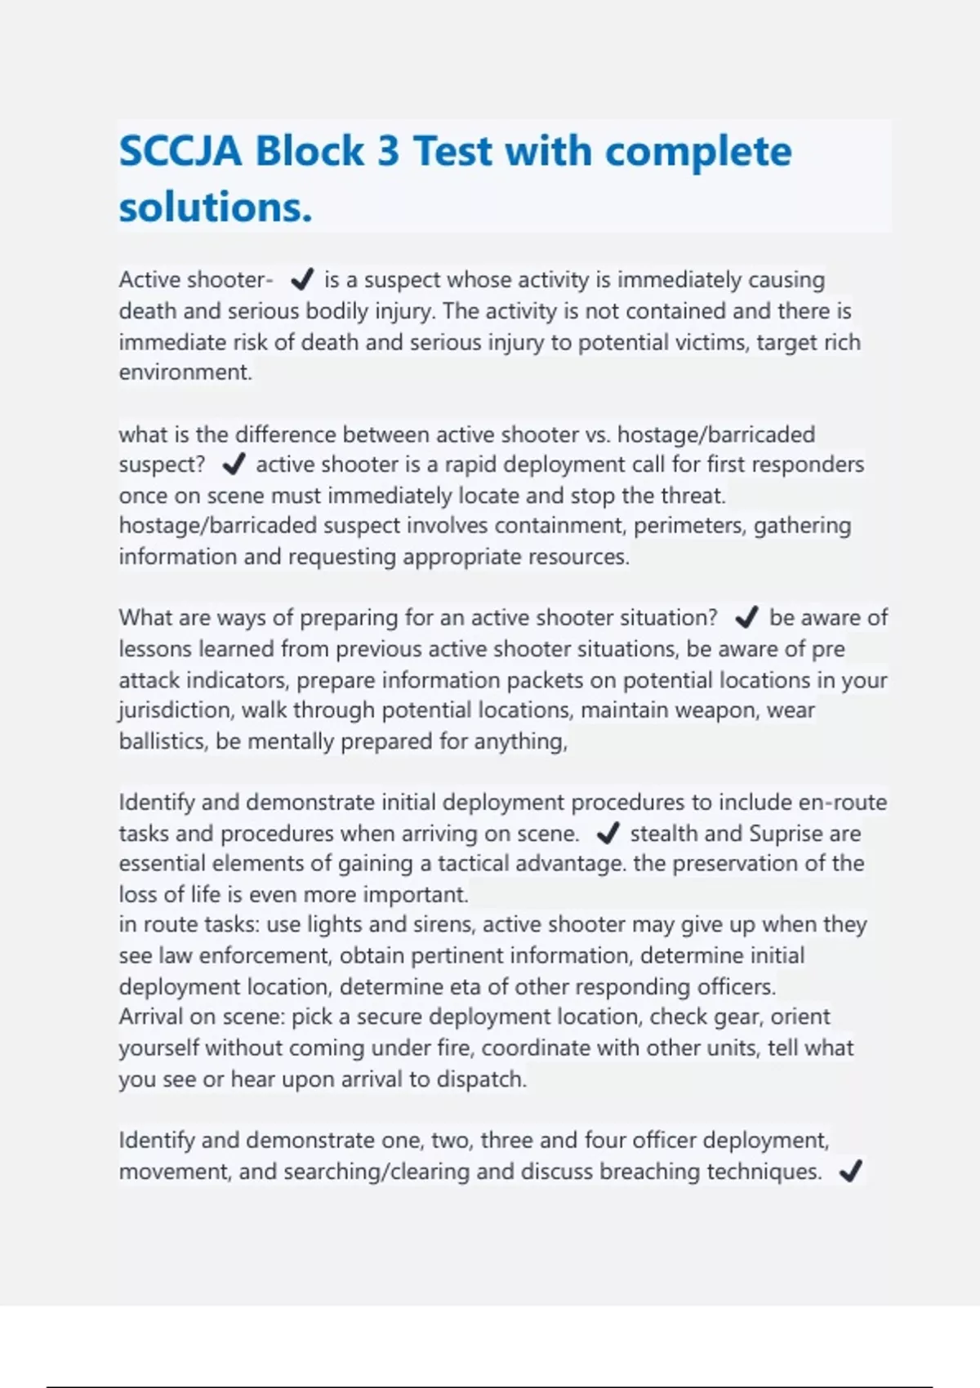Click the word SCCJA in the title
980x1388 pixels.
point(180,152)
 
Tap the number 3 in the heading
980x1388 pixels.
point(387,152)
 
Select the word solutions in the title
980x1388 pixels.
point(215,207)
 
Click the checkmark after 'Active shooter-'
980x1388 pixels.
point(301,280)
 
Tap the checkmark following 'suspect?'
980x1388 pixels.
point(234,465)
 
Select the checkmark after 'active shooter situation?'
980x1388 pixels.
point(746,618)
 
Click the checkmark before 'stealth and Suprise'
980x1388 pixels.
point(608,834)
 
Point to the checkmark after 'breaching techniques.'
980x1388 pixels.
point(850,1172)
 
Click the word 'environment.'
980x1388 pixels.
point(185,372)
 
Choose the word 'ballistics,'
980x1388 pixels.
point(163,741)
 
